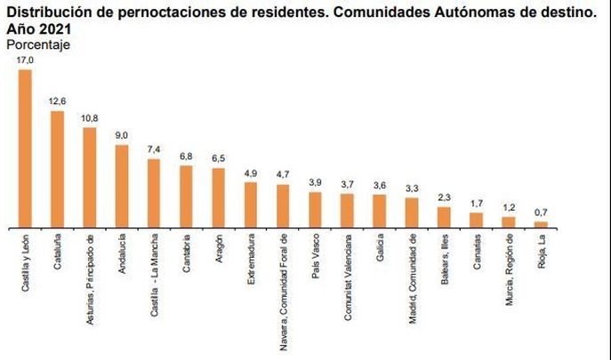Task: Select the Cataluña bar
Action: [57, 170]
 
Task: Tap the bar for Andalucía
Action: [122, 187]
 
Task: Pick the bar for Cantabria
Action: [186, 196]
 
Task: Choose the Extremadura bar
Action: [251, 205]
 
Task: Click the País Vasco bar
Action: [315, 210]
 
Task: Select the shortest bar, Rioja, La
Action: [540, 225]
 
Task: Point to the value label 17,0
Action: [25, 60]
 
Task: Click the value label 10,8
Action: [89, 118]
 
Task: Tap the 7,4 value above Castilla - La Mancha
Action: [154, 150]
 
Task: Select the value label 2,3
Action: [444, 197]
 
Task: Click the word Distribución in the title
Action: [39, 12]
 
